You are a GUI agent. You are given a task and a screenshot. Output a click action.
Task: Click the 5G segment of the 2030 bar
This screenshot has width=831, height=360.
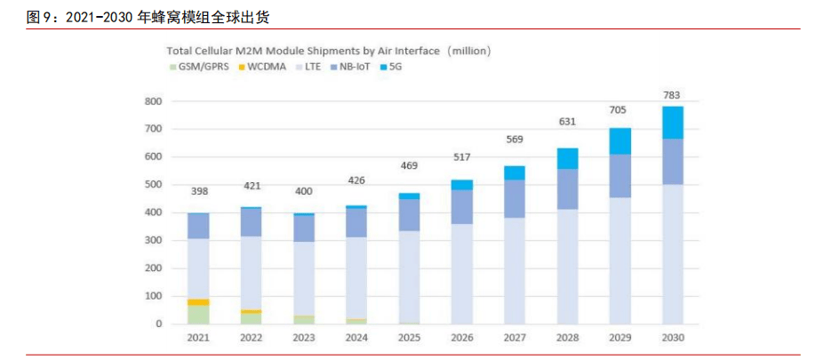pyautogui.click(x=672, y=123)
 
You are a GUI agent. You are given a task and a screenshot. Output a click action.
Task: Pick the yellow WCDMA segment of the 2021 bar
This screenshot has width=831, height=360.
pyautogui.click(x=198, y=302)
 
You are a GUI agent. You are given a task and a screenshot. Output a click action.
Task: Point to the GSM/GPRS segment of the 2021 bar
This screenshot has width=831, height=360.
pyautogui.click(x=198, y=315)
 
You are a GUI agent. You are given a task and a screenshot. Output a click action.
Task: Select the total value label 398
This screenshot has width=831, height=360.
pyautogui.click(x=198, y=192)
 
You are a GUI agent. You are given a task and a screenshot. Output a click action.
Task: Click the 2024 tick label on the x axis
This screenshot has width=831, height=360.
pyautogui.click(x=356, y=338)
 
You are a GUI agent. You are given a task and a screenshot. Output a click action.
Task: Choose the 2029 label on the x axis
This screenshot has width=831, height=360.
pyautogui.click(x=619, y=338)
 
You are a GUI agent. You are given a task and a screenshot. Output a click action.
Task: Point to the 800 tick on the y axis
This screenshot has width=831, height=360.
pyautogui.click(x=153, y=101)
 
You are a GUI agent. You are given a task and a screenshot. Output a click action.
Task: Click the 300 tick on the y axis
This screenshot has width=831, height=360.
pyautogui.click(x=153, y=241)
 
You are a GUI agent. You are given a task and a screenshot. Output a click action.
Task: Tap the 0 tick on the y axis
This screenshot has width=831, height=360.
pyautogui.click(x=158, y=324)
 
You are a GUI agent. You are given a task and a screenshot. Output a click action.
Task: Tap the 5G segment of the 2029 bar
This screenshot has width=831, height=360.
pyautogui.click(x=619, y=141)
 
